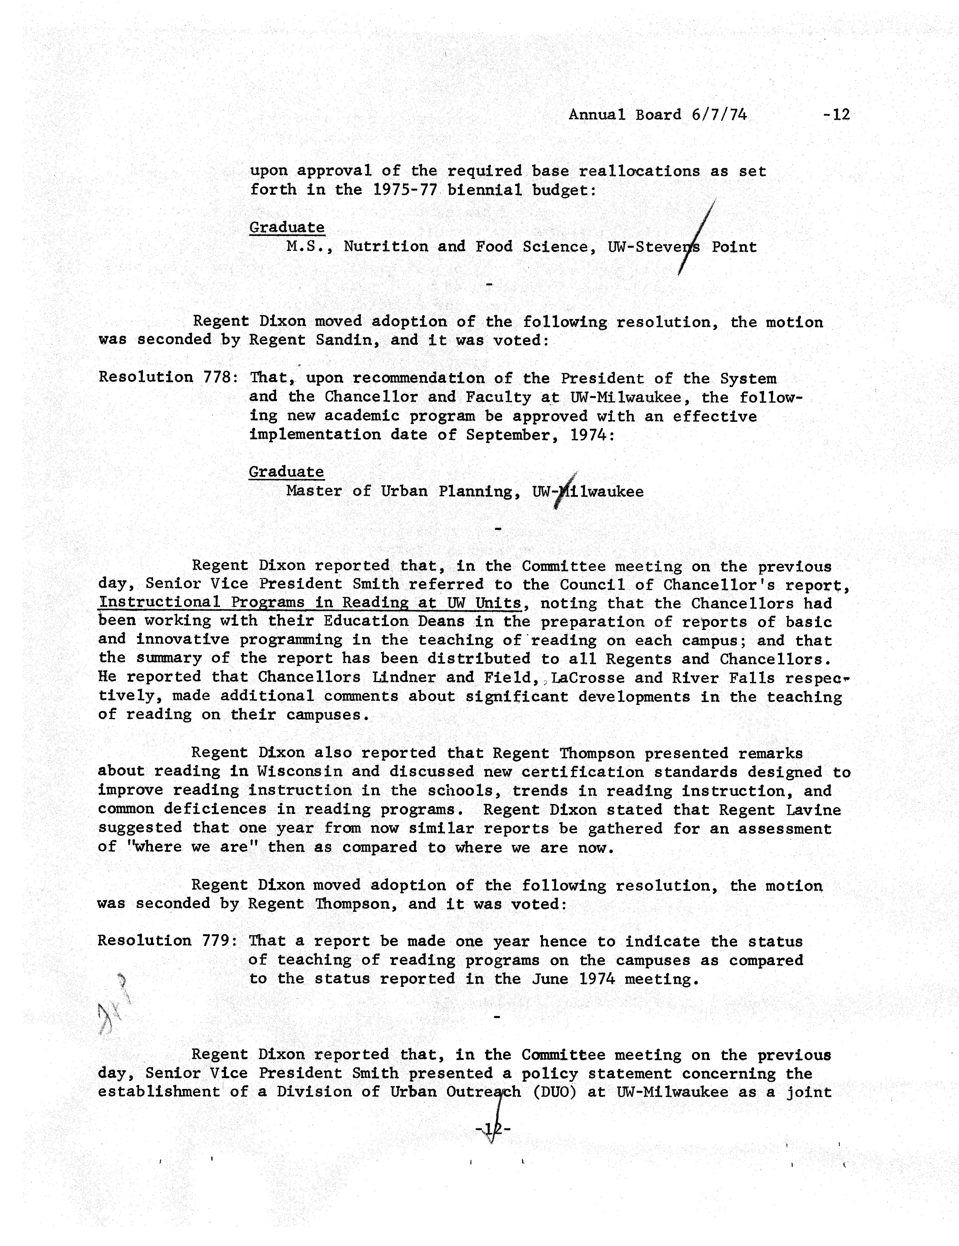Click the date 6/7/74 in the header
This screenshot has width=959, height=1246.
pos(719,115)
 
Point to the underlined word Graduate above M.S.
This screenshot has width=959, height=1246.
pos(287,227)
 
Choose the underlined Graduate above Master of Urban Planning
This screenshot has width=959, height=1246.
pos(286,472)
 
